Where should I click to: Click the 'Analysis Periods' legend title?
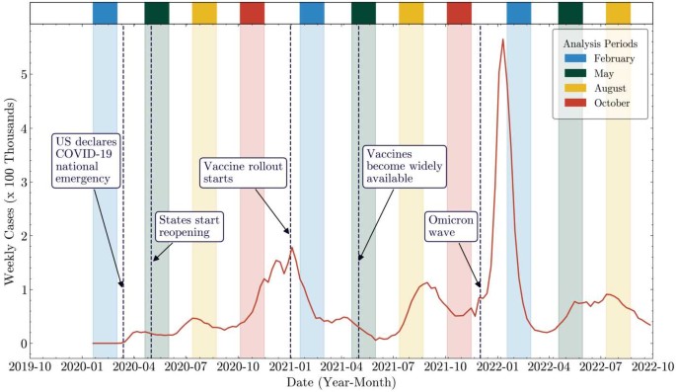coord(599,44)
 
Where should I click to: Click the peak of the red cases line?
coord(503,39)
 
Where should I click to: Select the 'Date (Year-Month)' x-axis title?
coord(340,382)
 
